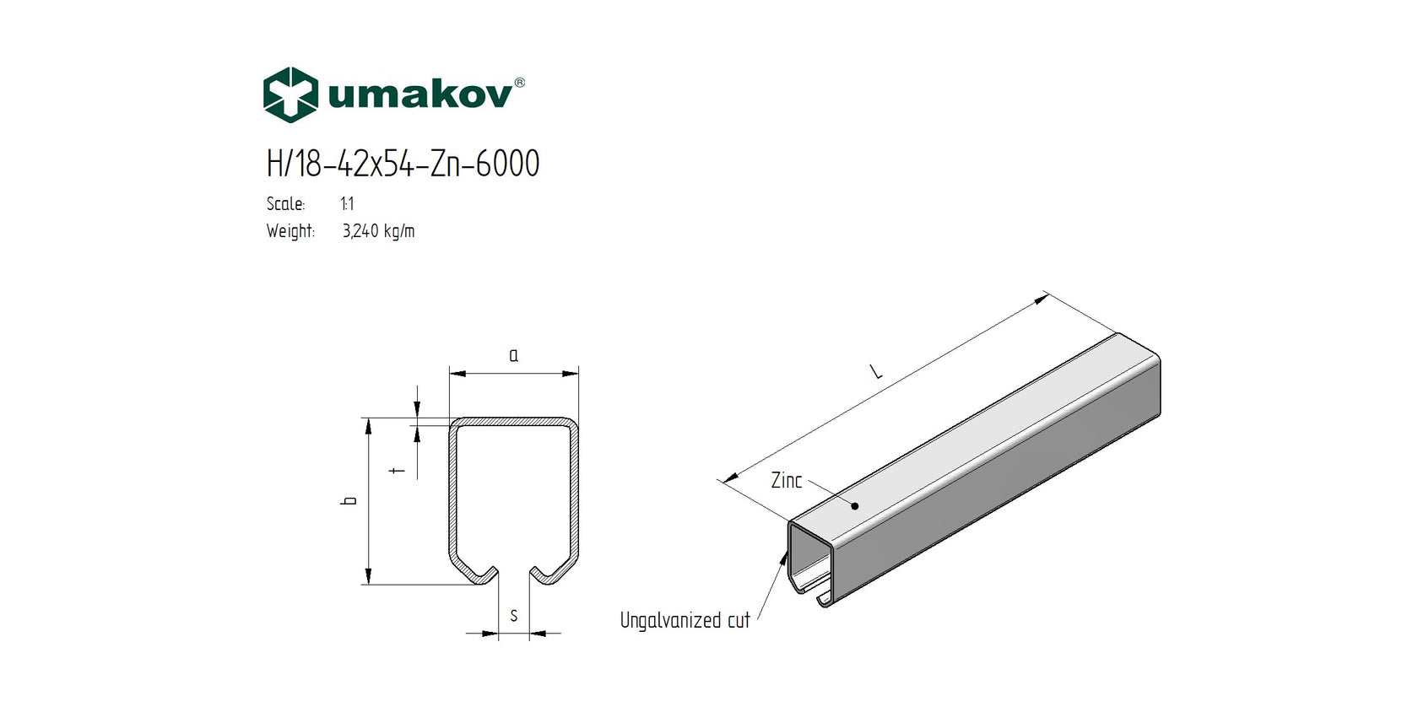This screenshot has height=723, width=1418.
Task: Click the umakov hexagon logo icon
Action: pyautogui.click(x=290, y=94)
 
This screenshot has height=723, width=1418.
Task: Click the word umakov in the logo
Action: pyautogui.click(x=419, y=94)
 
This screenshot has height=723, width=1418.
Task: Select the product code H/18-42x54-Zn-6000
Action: pyautogui.click(x=403, y=164)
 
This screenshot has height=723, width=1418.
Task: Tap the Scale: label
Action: pyautogui.click(x=285, y=204)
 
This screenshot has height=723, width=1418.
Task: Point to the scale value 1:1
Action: pyautogui.click(x=347, y=204)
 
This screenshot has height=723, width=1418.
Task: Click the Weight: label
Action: pyautogui.click(x=290, y=231)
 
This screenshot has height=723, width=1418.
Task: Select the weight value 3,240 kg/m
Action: pyautogui.click(x=378, y=231)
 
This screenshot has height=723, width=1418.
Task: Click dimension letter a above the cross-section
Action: pyautogui.click(x=513, y=356)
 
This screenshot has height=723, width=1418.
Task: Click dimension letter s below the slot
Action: pyautogui.click(x=513, y=616)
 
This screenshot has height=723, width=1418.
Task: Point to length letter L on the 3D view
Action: pyautogui.click(x=877, y=370)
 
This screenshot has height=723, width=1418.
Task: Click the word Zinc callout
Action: pyautogui.click(x=786, y=481)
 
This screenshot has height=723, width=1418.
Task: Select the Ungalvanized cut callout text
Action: pyautogui.click(x=685, y=621)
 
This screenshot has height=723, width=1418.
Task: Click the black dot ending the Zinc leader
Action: pyautogui.click(x=854, y=506)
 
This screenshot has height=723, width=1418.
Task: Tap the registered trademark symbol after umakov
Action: pyautogui.click(x=519, y=82)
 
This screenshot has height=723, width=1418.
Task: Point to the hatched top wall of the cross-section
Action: pyautogui.click(x=513, y=421)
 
